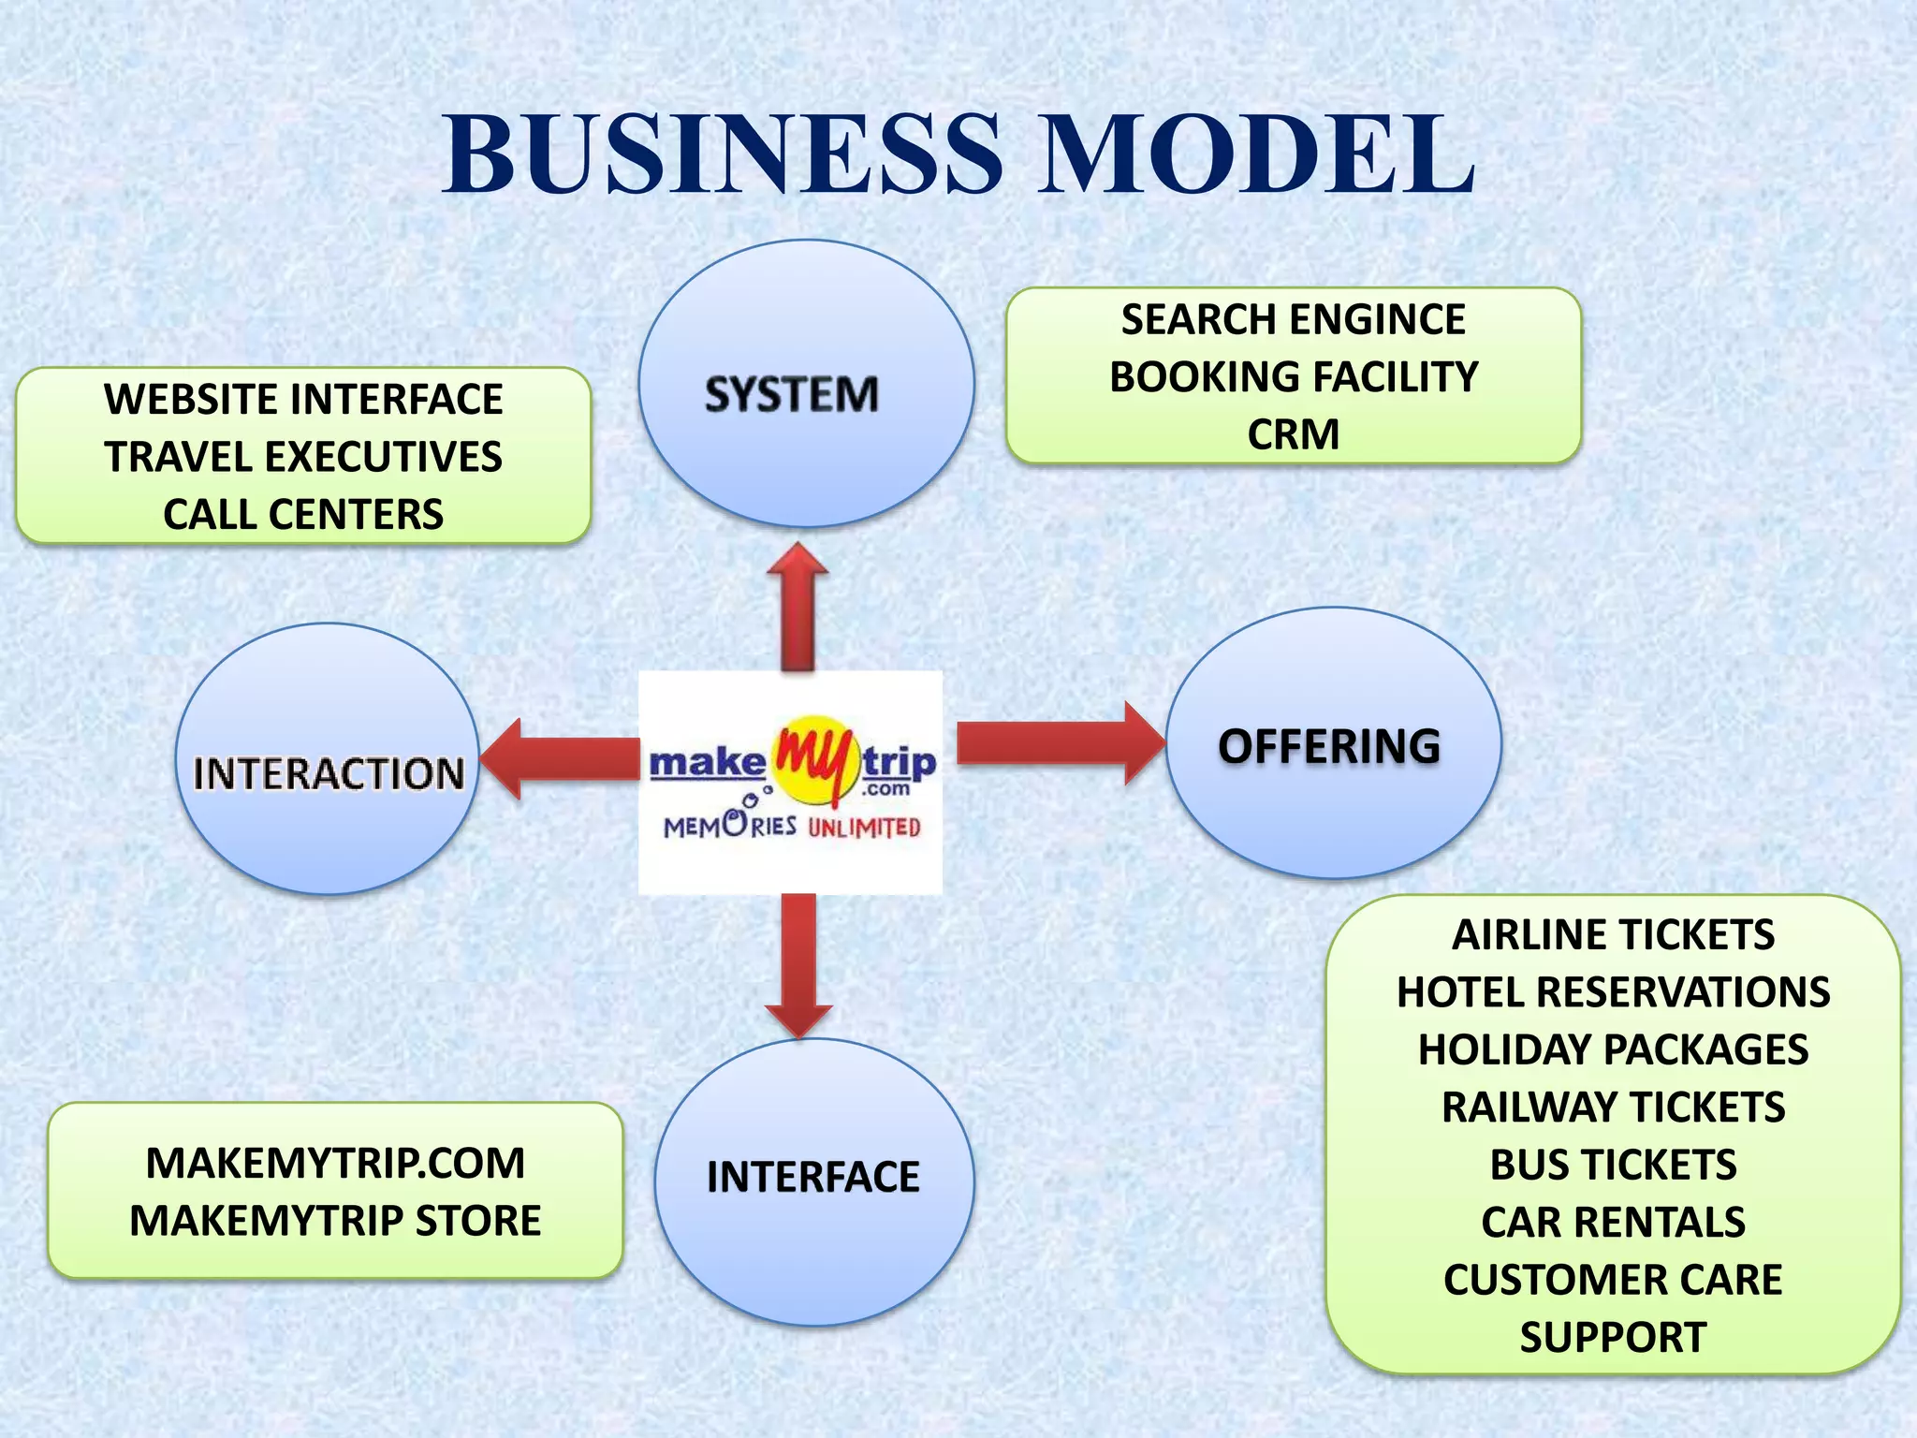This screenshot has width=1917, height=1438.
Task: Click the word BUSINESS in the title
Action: [x=724, y=154]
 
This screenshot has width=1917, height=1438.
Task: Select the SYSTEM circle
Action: [x=806, y=385]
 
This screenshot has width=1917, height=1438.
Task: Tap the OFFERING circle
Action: [x=1333, y=744]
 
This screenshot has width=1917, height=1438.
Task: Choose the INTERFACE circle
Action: [x=813, y=1181]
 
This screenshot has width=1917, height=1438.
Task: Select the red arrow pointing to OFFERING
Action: [x=1058, y=742]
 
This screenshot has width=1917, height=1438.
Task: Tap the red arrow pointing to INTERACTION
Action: [x=562, y=758]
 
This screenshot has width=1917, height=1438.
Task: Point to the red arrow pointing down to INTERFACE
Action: [x=798, y=964]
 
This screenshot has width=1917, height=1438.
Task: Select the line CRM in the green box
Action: [x=1293, y=434]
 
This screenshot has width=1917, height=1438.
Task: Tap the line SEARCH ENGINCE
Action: [x=1293, y=319]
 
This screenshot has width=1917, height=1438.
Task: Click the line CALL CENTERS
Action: [x=303, y=514]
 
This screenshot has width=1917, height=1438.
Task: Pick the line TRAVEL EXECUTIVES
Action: [x=303, y=457]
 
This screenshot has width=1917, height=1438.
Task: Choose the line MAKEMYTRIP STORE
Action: [x=335, y=1221]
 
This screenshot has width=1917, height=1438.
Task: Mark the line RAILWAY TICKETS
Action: [x=1613, y=1108]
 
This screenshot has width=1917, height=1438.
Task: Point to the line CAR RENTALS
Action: [x=1613, y=1222]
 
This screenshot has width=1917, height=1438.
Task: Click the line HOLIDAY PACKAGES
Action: [x=1613, y=1049]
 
